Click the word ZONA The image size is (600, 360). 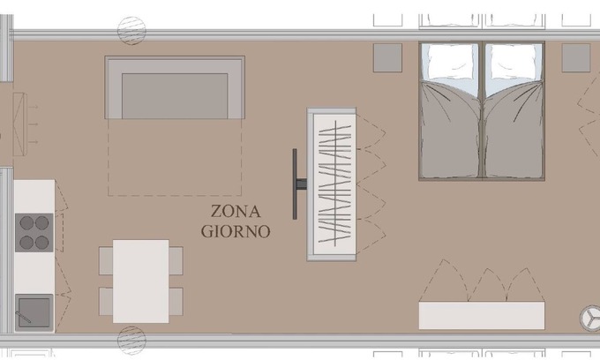click(235, 212)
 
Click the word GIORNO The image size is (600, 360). click(235, 231)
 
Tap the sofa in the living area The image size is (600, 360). click(175, 88)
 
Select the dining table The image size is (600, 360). click(140, 281)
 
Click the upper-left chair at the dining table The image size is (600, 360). click(106, 259)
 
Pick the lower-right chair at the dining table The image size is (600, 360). click(176, 301)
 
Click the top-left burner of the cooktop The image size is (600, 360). click(26, 223)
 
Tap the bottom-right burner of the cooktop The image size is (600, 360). click(42, 241)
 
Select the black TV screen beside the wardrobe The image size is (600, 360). click(296, 184)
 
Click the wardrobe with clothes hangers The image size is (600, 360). click(332, 184)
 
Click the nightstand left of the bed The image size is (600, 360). click(386, 57)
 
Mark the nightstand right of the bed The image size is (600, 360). click(576, 57)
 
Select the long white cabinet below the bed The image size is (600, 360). click(482, 315)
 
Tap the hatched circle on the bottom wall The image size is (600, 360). click(131, 337)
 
